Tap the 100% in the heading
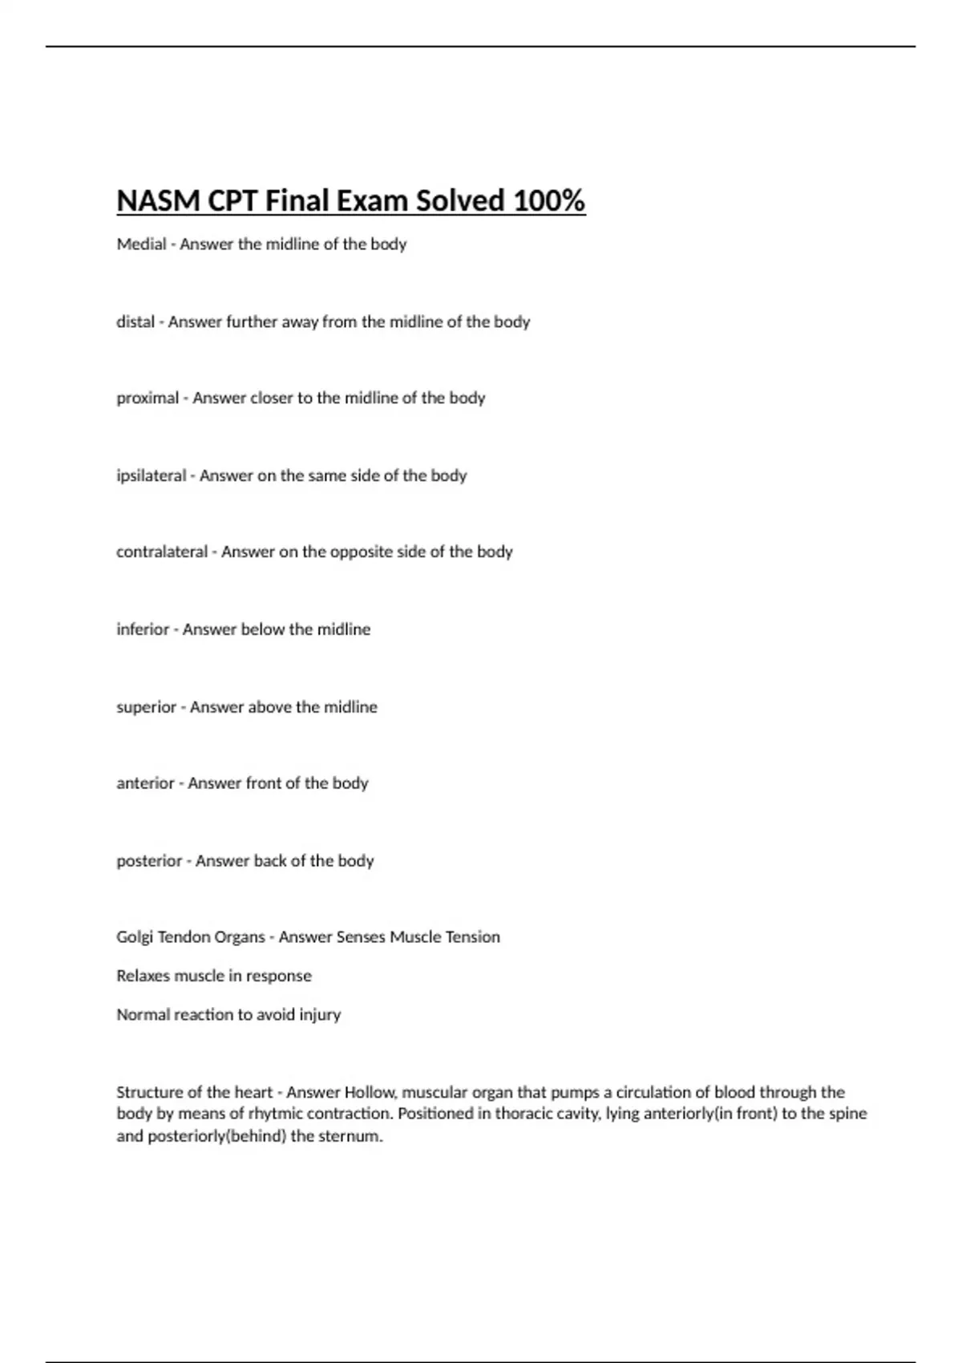(549, 200)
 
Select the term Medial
(141, 244)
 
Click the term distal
(135, 322)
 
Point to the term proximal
(148, 398)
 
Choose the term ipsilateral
(151, 475)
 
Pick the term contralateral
(162, 552)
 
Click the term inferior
(143, 629)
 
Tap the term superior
(146, 707)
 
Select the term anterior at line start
(145, 783)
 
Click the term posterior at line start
(149, 861)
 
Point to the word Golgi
(134, 937)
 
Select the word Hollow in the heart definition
(370, 1092)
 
